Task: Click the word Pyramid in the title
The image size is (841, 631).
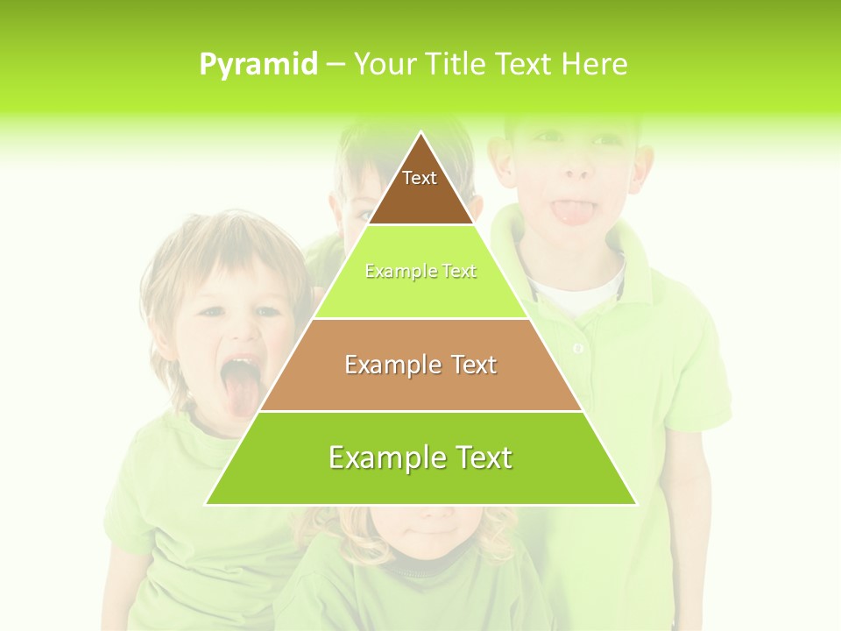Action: [258, 65]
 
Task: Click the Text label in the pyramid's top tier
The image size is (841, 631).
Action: [420, 178]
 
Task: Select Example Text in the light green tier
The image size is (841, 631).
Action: [420, 272]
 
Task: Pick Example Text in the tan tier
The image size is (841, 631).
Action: [420, 365]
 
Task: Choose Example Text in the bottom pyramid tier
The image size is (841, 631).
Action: [420, 457]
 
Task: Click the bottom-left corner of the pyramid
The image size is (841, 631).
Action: [206, 504]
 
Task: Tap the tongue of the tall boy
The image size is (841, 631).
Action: [569, 211]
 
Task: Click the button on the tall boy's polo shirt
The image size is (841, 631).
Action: [578, 349]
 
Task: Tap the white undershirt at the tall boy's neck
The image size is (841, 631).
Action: [578, 298]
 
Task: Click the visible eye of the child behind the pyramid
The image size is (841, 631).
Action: [363, 213]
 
